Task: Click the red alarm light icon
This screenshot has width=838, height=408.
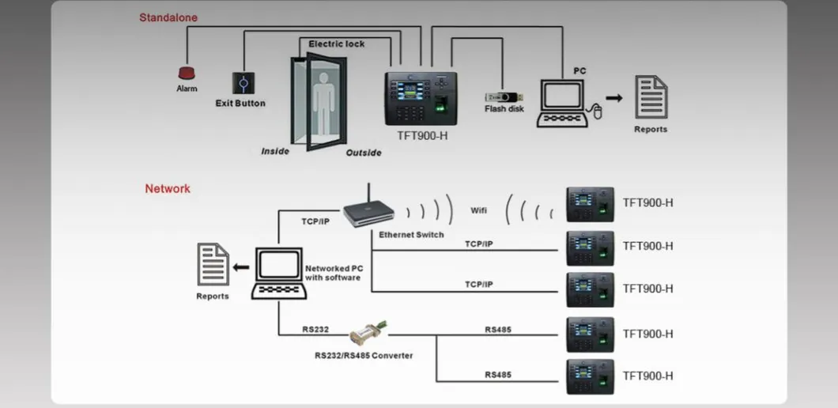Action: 187,73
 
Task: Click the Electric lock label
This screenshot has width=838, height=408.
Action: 337,44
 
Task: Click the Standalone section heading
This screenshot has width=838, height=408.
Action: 168,17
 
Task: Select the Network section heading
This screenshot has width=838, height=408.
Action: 168,189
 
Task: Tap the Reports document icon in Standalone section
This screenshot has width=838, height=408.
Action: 651,97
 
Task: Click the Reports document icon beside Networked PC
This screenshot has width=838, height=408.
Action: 213,265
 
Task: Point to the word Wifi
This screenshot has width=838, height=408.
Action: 479,211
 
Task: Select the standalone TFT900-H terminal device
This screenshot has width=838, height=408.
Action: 421,98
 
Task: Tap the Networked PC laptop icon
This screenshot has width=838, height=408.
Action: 277,274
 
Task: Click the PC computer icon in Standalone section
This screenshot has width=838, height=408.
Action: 564,103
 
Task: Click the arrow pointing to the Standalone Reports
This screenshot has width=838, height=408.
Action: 614,98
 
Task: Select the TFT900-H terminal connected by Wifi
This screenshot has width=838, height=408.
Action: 590,204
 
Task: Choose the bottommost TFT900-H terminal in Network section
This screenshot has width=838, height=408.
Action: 590,377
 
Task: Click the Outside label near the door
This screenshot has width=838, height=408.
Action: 364,153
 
